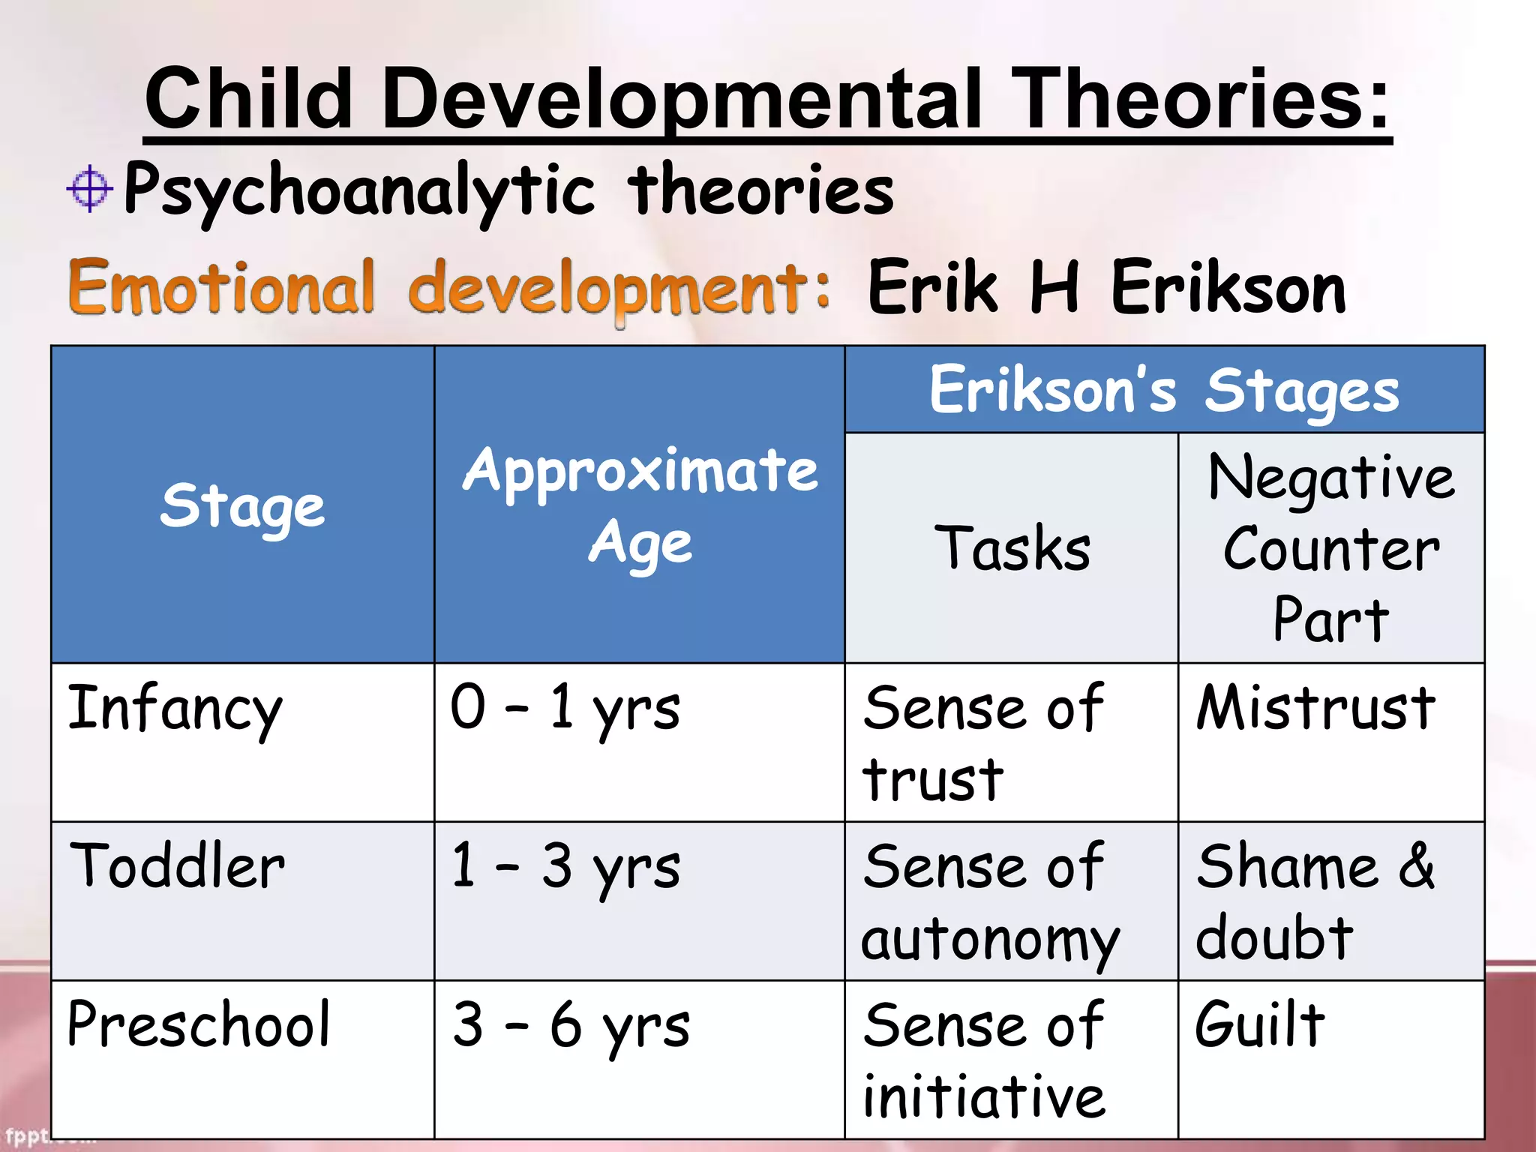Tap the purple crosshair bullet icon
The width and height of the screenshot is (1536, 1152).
(89, 187)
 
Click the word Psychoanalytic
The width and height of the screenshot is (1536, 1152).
(358, 191)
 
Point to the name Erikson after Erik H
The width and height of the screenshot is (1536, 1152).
(1228, 289)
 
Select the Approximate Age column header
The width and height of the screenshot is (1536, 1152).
(640, 505)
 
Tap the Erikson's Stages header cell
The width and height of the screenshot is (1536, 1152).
(1164, 390)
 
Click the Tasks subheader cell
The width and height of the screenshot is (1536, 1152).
(1012, 548)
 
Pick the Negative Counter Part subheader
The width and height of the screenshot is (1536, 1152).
(1331, 548)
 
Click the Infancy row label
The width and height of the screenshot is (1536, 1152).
(175, 709)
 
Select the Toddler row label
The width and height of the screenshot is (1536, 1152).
(177, 866)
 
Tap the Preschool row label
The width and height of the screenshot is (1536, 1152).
(198, 1024)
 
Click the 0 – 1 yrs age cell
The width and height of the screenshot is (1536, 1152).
(565, 709)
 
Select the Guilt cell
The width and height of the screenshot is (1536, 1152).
(1260, 1024)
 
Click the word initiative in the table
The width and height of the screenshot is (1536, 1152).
(984, 1097)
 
